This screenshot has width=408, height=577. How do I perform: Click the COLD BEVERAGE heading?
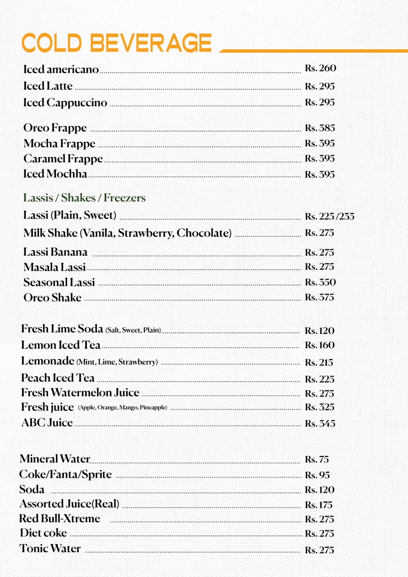[x=117, y=43]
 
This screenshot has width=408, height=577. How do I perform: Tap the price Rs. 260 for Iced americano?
[x=320, y=68]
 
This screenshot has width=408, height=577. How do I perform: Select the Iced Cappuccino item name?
[x=65, y=103]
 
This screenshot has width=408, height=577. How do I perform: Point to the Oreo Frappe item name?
[x=55, y=128]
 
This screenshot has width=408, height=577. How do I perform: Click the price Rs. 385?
[x=320, y=128]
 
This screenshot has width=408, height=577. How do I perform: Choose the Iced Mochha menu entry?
[x=55, y=174]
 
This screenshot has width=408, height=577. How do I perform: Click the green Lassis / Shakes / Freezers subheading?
[x=84, y=198]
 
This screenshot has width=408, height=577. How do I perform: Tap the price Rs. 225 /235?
[x=329, y=216]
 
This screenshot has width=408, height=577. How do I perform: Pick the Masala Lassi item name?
[x=55, y=267]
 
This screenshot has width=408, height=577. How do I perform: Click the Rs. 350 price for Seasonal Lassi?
[x=320, y=282]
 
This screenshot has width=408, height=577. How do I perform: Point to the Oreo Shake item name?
[x=53, y=298]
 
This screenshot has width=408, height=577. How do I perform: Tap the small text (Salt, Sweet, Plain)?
[x=133, y=330]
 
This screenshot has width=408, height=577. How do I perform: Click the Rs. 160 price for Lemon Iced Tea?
[x=320, y=345]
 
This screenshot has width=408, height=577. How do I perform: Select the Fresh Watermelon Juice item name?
[x=80, y=392]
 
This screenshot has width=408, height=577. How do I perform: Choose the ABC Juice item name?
[x=47, y=423]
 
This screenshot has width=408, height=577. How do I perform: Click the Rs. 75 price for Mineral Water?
[x=317, y=459]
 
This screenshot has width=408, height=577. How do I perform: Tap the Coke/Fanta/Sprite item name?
[x=66, y=475]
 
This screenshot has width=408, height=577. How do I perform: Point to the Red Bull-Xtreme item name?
[x=60, y=519]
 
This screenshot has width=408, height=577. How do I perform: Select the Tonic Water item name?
[x=50, y=549]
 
